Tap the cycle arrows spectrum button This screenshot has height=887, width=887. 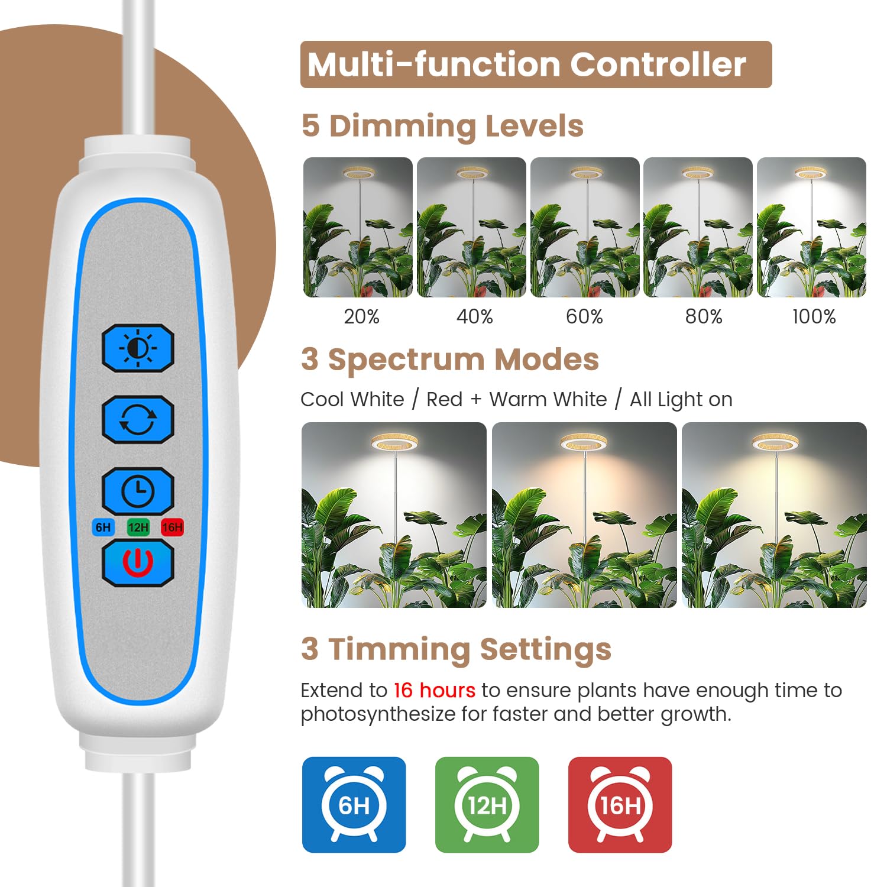point(138,419)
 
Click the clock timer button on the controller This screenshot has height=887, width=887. point(138,491)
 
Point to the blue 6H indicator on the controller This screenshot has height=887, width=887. point(103,527)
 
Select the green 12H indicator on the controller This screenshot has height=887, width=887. point(138,527)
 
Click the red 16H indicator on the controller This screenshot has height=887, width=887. point(172,527)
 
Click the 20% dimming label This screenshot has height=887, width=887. point(361,317)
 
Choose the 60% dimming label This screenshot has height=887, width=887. point(584,317)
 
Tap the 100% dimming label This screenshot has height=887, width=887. point(814,317)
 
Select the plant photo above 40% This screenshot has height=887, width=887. point(471,227)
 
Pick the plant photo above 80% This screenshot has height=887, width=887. point(698,227)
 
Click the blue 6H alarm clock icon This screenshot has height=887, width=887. point(354,804)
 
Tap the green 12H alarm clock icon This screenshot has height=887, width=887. point(487,804)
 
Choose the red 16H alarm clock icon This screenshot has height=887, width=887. point(620,804)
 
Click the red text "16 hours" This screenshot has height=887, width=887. point(434,690)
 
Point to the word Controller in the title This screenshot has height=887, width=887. point(658,64)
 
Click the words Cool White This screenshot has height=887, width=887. point(352,400)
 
